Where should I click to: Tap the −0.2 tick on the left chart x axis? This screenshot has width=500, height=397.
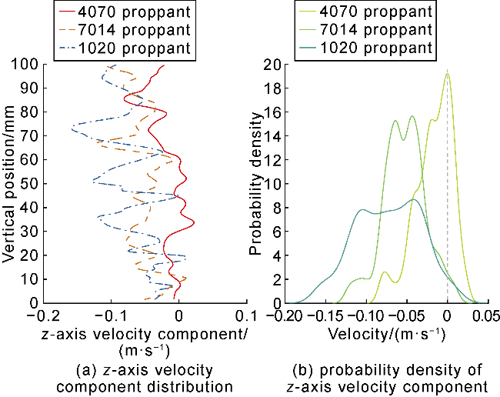(44, 315)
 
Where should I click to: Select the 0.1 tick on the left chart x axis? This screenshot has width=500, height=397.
(245, 315)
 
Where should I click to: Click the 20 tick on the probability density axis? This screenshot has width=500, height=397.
(271, 65)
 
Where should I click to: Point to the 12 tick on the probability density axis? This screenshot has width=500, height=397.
(271, 160)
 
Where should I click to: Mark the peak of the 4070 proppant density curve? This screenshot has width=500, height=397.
(447, 74)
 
